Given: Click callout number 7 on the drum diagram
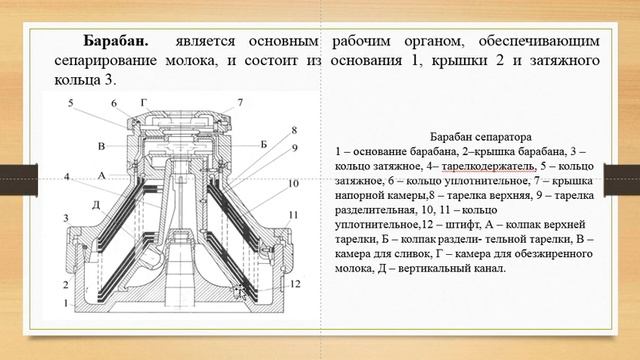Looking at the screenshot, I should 240,102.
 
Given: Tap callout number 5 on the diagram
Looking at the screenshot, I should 71,102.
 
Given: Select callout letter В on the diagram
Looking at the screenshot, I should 102,146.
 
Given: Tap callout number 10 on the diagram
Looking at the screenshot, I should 293,185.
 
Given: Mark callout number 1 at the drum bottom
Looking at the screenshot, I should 67,301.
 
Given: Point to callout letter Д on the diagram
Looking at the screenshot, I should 96,206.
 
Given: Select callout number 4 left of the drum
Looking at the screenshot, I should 67,177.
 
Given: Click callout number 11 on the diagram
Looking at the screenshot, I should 293,215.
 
